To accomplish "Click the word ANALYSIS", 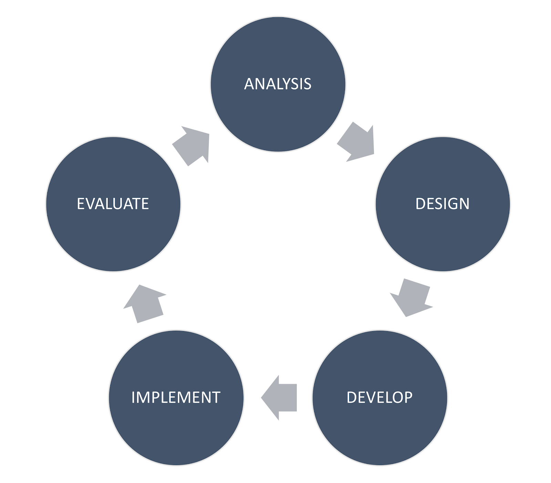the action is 278,84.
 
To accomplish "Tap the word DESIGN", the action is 443,204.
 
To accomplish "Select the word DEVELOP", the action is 380,397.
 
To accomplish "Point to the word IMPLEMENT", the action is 176,397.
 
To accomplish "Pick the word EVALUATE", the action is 113,204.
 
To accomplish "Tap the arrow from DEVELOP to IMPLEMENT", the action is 279,398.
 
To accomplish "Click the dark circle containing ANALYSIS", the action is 278,84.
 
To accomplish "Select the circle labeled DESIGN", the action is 443,204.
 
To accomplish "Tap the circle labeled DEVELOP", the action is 380,398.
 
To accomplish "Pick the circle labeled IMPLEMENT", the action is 176,398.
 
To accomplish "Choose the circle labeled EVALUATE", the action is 113,204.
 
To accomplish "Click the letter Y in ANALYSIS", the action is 289,84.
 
